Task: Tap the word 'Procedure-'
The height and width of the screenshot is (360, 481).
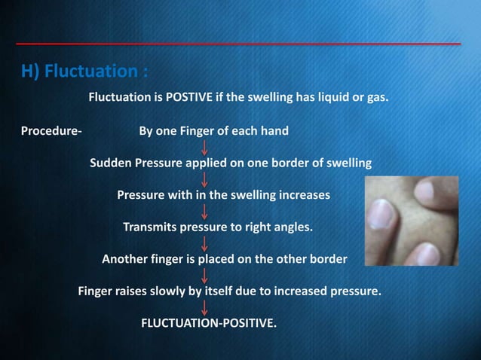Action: [x=51, y=131]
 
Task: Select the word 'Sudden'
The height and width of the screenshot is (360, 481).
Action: [x=111, y=163]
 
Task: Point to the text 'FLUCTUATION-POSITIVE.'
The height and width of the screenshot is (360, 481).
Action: [x=209, y=325]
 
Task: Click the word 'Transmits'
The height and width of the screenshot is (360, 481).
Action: [x=149, y=227]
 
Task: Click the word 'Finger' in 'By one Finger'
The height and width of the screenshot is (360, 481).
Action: [x=200, y=131]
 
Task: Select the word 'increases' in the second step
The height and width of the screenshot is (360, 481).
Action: [x=305, y=195]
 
